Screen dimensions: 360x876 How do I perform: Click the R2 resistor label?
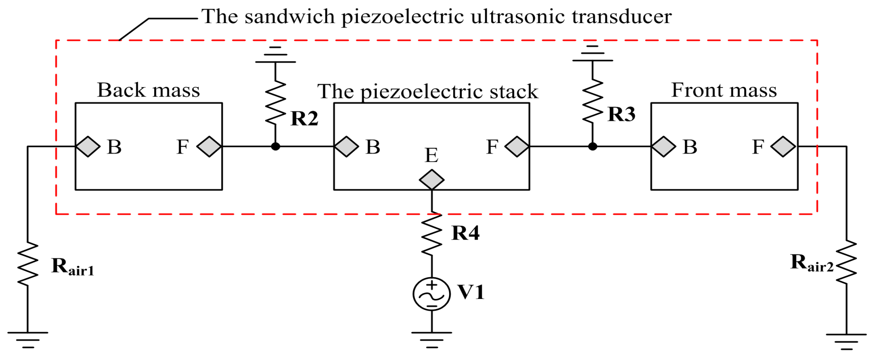[x=304, y=119]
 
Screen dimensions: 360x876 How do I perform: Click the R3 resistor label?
[x=621, y=114]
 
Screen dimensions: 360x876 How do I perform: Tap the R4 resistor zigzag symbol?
[x=431, y=234]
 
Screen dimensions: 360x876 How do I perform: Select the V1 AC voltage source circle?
[x=431, y=294]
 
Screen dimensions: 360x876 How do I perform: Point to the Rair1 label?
[x=72, y=267]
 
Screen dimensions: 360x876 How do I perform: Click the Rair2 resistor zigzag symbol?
[x=846, y=262]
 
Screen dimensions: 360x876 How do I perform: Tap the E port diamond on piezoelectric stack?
[x=431, y=180]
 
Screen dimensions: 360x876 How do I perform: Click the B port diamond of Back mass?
[x=88, y=147]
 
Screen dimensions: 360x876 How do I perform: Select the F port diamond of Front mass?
[x=783, y=147]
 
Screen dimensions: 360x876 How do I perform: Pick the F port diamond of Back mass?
[x=209, y=147]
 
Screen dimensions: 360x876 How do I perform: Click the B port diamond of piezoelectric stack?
[x=346, y=147]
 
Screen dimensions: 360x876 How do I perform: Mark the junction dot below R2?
[x=275, y=147]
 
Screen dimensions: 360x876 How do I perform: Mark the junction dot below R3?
[x=593, y=147]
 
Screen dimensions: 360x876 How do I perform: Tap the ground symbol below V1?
[x=431, y=339]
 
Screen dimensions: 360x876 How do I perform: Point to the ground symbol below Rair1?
[x=28, y=339]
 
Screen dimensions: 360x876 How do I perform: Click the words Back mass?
[x=148, y=90]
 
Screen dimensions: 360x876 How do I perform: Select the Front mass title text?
[x=724, y=90]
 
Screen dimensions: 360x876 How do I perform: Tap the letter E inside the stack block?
[x=431, y=156]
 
